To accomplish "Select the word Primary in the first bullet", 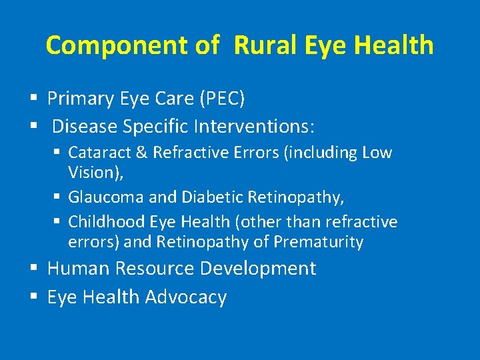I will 81,99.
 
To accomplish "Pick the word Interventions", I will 267,126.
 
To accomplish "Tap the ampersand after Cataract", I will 141,153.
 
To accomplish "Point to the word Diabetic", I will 208,197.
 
